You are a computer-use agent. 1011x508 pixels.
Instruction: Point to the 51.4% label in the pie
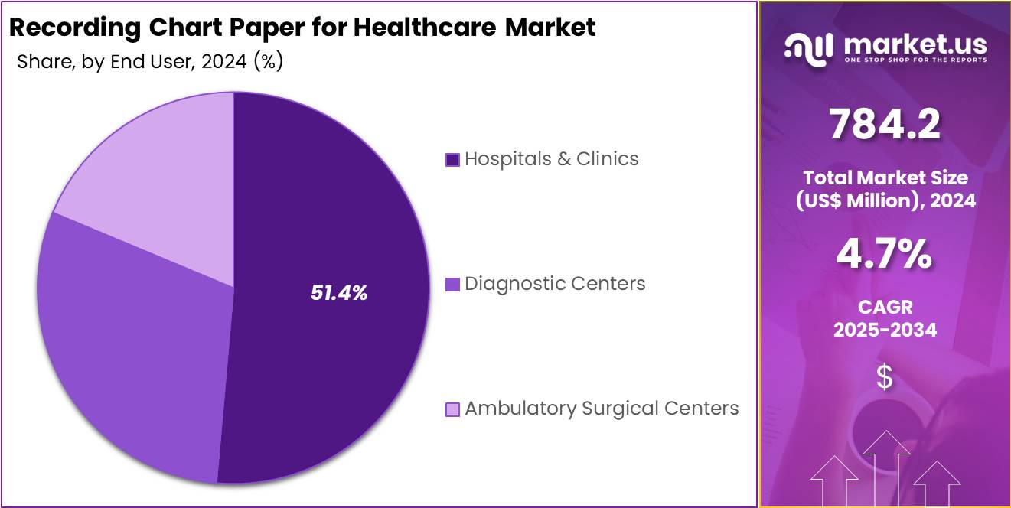[339, 292]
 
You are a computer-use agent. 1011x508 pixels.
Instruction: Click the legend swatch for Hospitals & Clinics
[452, 160]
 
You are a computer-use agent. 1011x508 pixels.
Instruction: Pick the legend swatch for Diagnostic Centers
[452, 285]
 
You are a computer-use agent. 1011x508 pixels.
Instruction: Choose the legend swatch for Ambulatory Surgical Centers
[452, 409]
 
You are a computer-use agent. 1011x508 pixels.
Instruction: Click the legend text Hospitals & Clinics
[551, 159]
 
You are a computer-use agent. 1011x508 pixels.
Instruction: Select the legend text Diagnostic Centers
[555, 284]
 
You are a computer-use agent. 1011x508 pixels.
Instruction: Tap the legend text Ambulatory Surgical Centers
[602, 409]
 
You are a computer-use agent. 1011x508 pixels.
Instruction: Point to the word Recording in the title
[75, 28]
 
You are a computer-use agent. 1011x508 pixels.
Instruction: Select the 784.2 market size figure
[885, 125]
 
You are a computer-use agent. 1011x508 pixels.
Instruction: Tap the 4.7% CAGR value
[885, 255]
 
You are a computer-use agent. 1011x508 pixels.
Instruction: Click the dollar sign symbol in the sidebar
[885, 377]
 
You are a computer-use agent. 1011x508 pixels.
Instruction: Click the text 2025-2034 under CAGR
[885, 330]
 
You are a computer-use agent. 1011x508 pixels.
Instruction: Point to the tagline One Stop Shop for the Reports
[915, 60]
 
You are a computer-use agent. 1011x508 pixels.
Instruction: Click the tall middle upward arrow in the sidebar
[886, 467]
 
